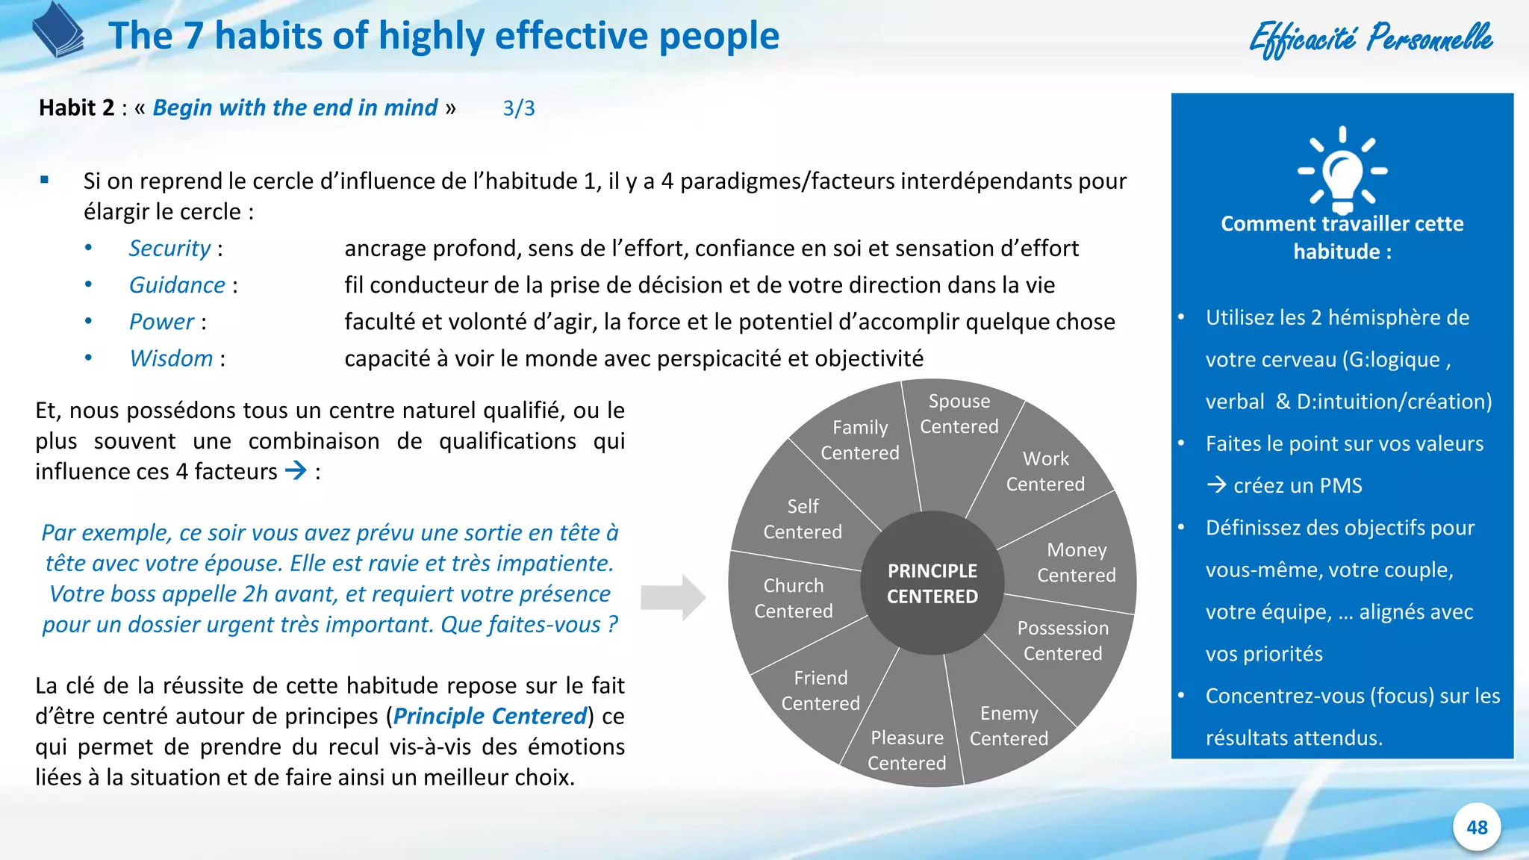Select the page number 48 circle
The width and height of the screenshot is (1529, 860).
(1477, 827)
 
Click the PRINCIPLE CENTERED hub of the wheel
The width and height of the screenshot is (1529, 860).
(932, 583)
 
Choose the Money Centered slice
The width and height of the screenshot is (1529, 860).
(1076, 562)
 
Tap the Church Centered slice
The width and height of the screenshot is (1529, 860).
(793, 598)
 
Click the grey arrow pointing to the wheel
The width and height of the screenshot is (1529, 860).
(673, 597)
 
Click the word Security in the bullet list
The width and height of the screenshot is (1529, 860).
(169, 248)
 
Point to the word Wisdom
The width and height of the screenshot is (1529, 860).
(171, 358)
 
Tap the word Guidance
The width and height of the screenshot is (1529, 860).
(177, 285)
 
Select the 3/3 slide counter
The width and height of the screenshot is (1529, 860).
(518, 108)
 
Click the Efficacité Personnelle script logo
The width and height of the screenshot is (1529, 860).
(1371, 37)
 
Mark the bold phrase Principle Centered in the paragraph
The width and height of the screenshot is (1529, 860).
(490, 716)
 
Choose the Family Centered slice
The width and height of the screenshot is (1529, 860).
(860, 440)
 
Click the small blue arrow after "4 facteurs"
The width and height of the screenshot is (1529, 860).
(296, 470)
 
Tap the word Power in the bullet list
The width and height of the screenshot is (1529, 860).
(161, 322)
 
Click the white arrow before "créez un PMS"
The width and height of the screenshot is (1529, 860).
(1216, 485)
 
